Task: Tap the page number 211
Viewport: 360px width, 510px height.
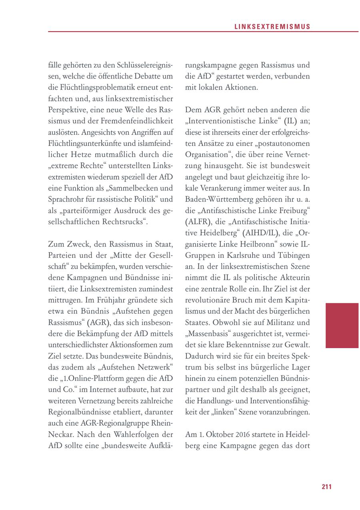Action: tap(326, 486)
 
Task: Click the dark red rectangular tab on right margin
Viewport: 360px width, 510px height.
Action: tap(342, 325)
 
